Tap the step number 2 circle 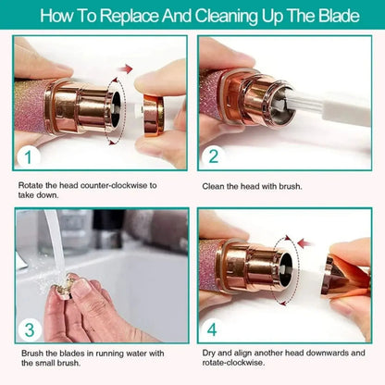pyautogui.click(x=213, y=156)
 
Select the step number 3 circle pyautogui.click(x=28, y=329)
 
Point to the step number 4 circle pyautogui.click(x=213, y=329)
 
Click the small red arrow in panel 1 pyautogui.click(x=128, y=68)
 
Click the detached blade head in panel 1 pyautogui.click(x=153, y=112)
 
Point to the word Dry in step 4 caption pyautogui.click(x=210, y=354)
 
